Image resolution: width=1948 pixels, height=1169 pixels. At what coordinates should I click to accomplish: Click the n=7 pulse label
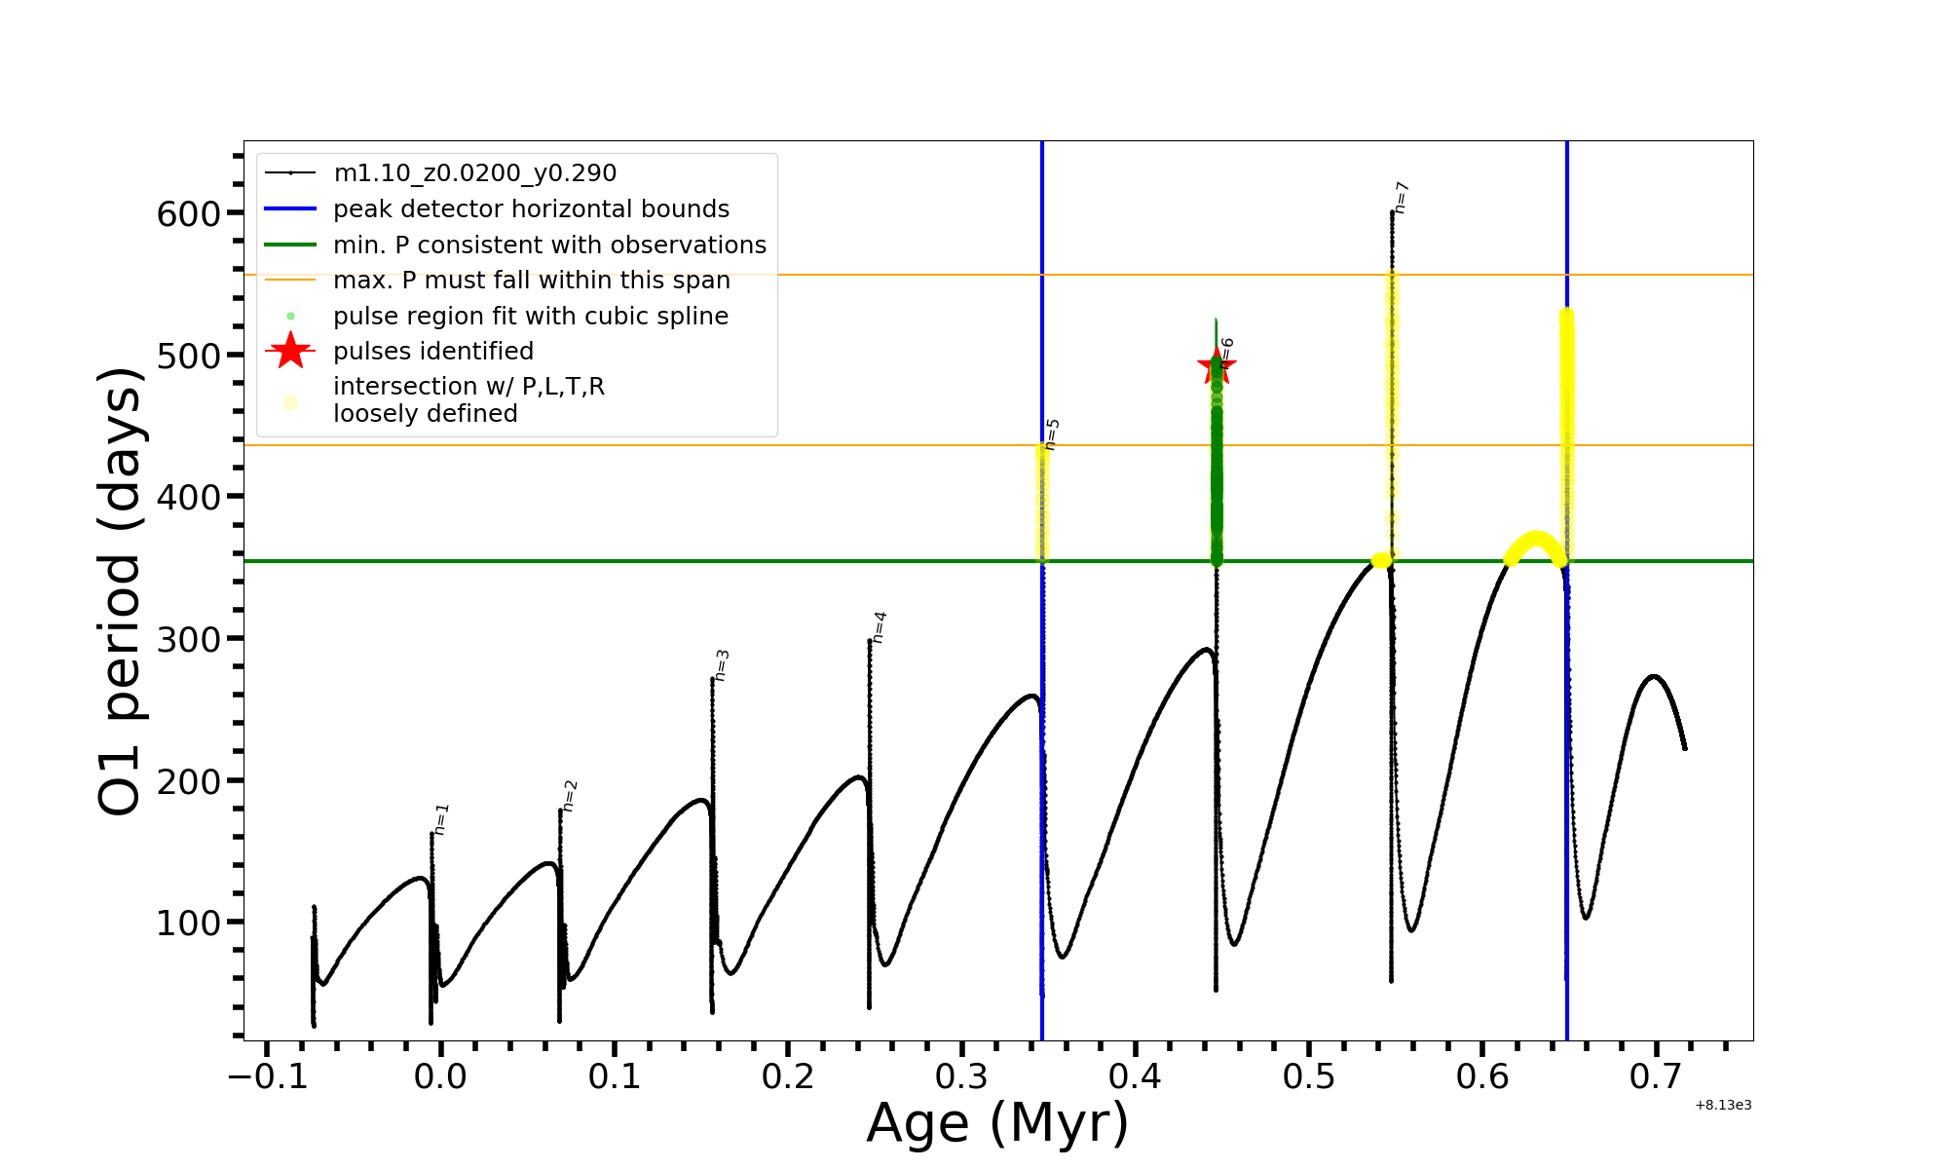click(x=1402, y=197)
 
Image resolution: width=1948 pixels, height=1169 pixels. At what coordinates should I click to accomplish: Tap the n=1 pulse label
click(x=442, y=819)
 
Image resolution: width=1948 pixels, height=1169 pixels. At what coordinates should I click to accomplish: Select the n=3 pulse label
click(x=722, y=665)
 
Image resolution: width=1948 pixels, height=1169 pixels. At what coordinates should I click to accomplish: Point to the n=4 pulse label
click(x=880, y=627)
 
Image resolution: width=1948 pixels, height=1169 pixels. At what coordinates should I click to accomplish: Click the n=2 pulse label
click(x=571, y=796)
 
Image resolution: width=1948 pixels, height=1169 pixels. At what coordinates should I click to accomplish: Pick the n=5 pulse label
click(x=1052, y=434)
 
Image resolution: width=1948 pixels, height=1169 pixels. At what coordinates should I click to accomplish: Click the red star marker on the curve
click(x=1216, y=367)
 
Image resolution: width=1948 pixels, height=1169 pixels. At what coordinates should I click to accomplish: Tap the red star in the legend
click(x=290, y=351)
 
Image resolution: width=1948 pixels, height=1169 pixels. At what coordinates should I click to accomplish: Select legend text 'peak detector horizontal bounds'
click(x=531, y=209)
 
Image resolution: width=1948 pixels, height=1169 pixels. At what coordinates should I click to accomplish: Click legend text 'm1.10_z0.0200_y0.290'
click(x=474, y=173)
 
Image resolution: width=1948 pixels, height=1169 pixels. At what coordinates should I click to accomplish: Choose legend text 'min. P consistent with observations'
click(x=549, y=245)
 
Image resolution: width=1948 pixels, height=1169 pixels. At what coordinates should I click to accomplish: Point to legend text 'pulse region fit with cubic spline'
click(x=530, y=317)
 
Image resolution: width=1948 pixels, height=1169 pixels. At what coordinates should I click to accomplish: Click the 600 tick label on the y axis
click(x=188, y=213)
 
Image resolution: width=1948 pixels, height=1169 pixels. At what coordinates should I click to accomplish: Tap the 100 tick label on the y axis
click(x=188, y=923)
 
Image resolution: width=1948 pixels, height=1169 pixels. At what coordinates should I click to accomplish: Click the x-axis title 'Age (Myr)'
click(x=997, y=1123)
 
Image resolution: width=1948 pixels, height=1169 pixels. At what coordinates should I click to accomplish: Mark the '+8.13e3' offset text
click(x=1723, y=1106)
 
